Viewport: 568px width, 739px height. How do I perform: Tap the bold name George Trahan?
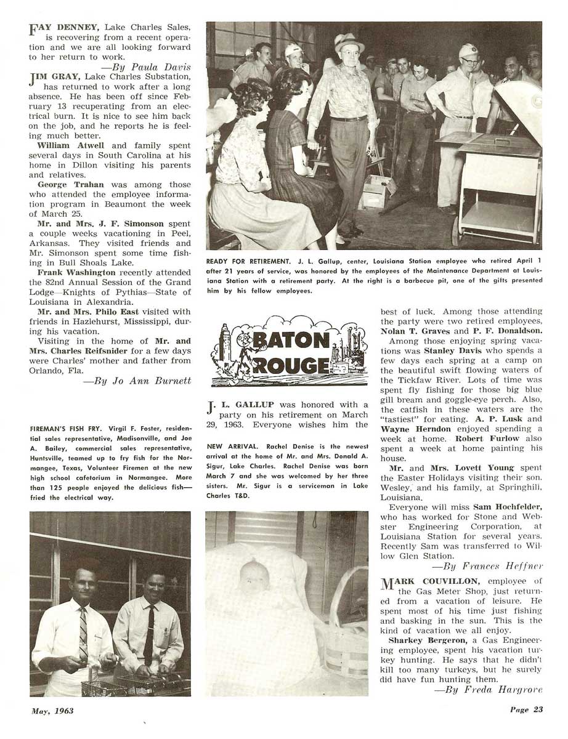coord(62,184)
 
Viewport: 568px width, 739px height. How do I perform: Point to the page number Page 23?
coord(525,709)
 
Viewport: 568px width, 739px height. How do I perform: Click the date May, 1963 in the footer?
coord(53,711)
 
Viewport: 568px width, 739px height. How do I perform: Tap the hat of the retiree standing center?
coord(349,42)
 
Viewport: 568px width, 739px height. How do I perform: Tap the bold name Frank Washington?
coord(76,272)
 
